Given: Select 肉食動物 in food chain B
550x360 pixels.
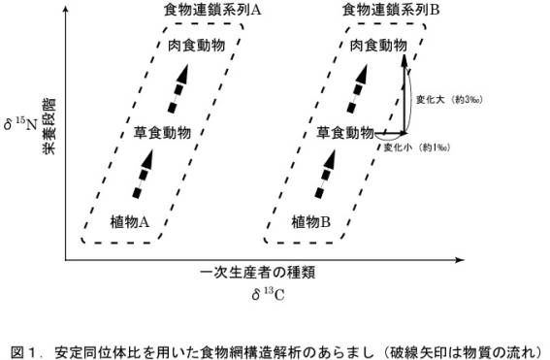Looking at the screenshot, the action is pyautogui.click(x=377, y=46).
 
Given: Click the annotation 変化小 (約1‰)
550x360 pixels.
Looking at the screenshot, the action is pyautogui.click(x=415, y=147).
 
